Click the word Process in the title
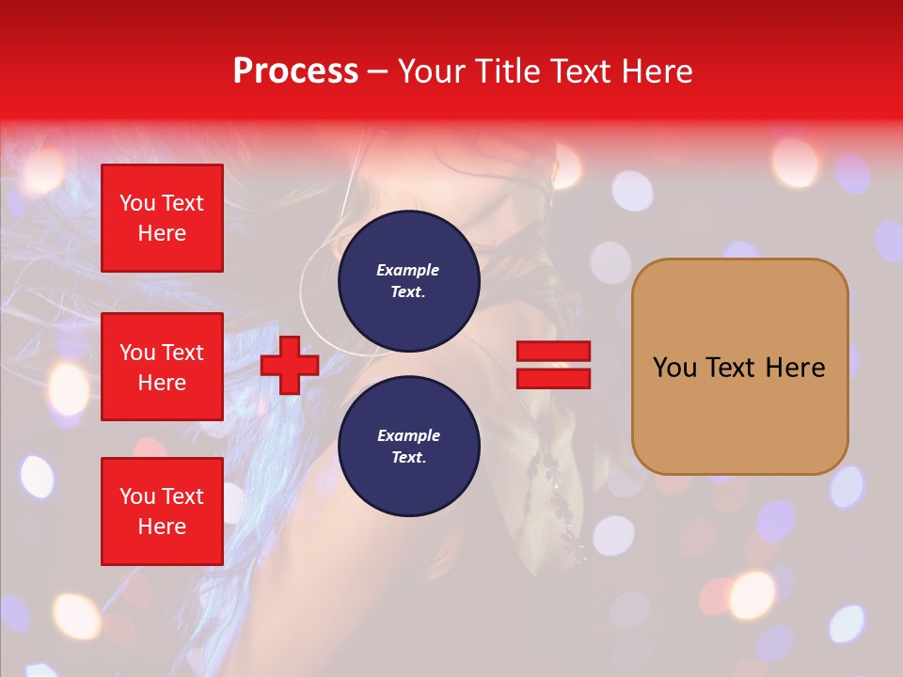(295, 71)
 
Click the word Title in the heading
(507, 71)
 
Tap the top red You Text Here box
(162, 218)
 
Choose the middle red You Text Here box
(162, 367)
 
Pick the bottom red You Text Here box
(162, 512)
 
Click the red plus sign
(290, 365)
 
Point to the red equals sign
(553, 365)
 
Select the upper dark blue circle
(408, 281)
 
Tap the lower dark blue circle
(408, 447)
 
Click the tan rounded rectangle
(739, 366)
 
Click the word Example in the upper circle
(408, 270)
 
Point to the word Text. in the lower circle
(408, 458)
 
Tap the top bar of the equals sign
(553, 352)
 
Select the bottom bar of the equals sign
(553, 378)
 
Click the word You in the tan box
(673, 368)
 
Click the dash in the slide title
(377, 72)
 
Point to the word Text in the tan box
(730, 368)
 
